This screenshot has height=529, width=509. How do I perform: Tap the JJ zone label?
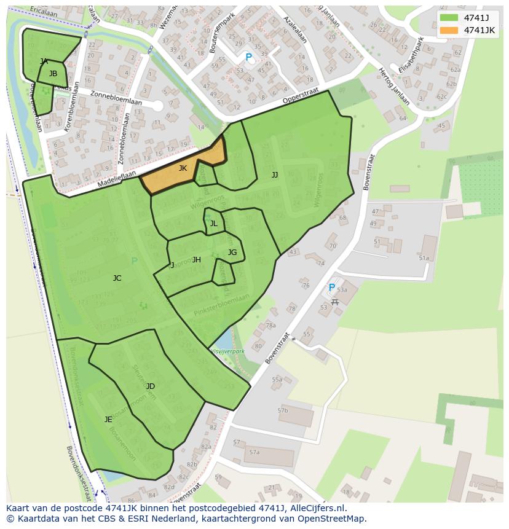275,175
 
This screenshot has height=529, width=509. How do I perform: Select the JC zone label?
117,278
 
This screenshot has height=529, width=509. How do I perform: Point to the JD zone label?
150,386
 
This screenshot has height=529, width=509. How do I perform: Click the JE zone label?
108,420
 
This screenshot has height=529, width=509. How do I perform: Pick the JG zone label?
232,253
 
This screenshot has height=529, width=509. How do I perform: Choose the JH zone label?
196,260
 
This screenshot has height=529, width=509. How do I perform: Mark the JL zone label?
213,224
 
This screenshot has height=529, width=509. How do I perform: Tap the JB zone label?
53,74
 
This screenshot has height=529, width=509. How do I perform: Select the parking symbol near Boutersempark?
248,57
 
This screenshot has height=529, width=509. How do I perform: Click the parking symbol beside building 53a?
331,287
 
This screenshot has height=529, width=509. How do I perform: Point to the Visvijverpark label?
227,351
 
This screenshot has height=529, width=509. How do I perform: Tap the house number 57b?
282,410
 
